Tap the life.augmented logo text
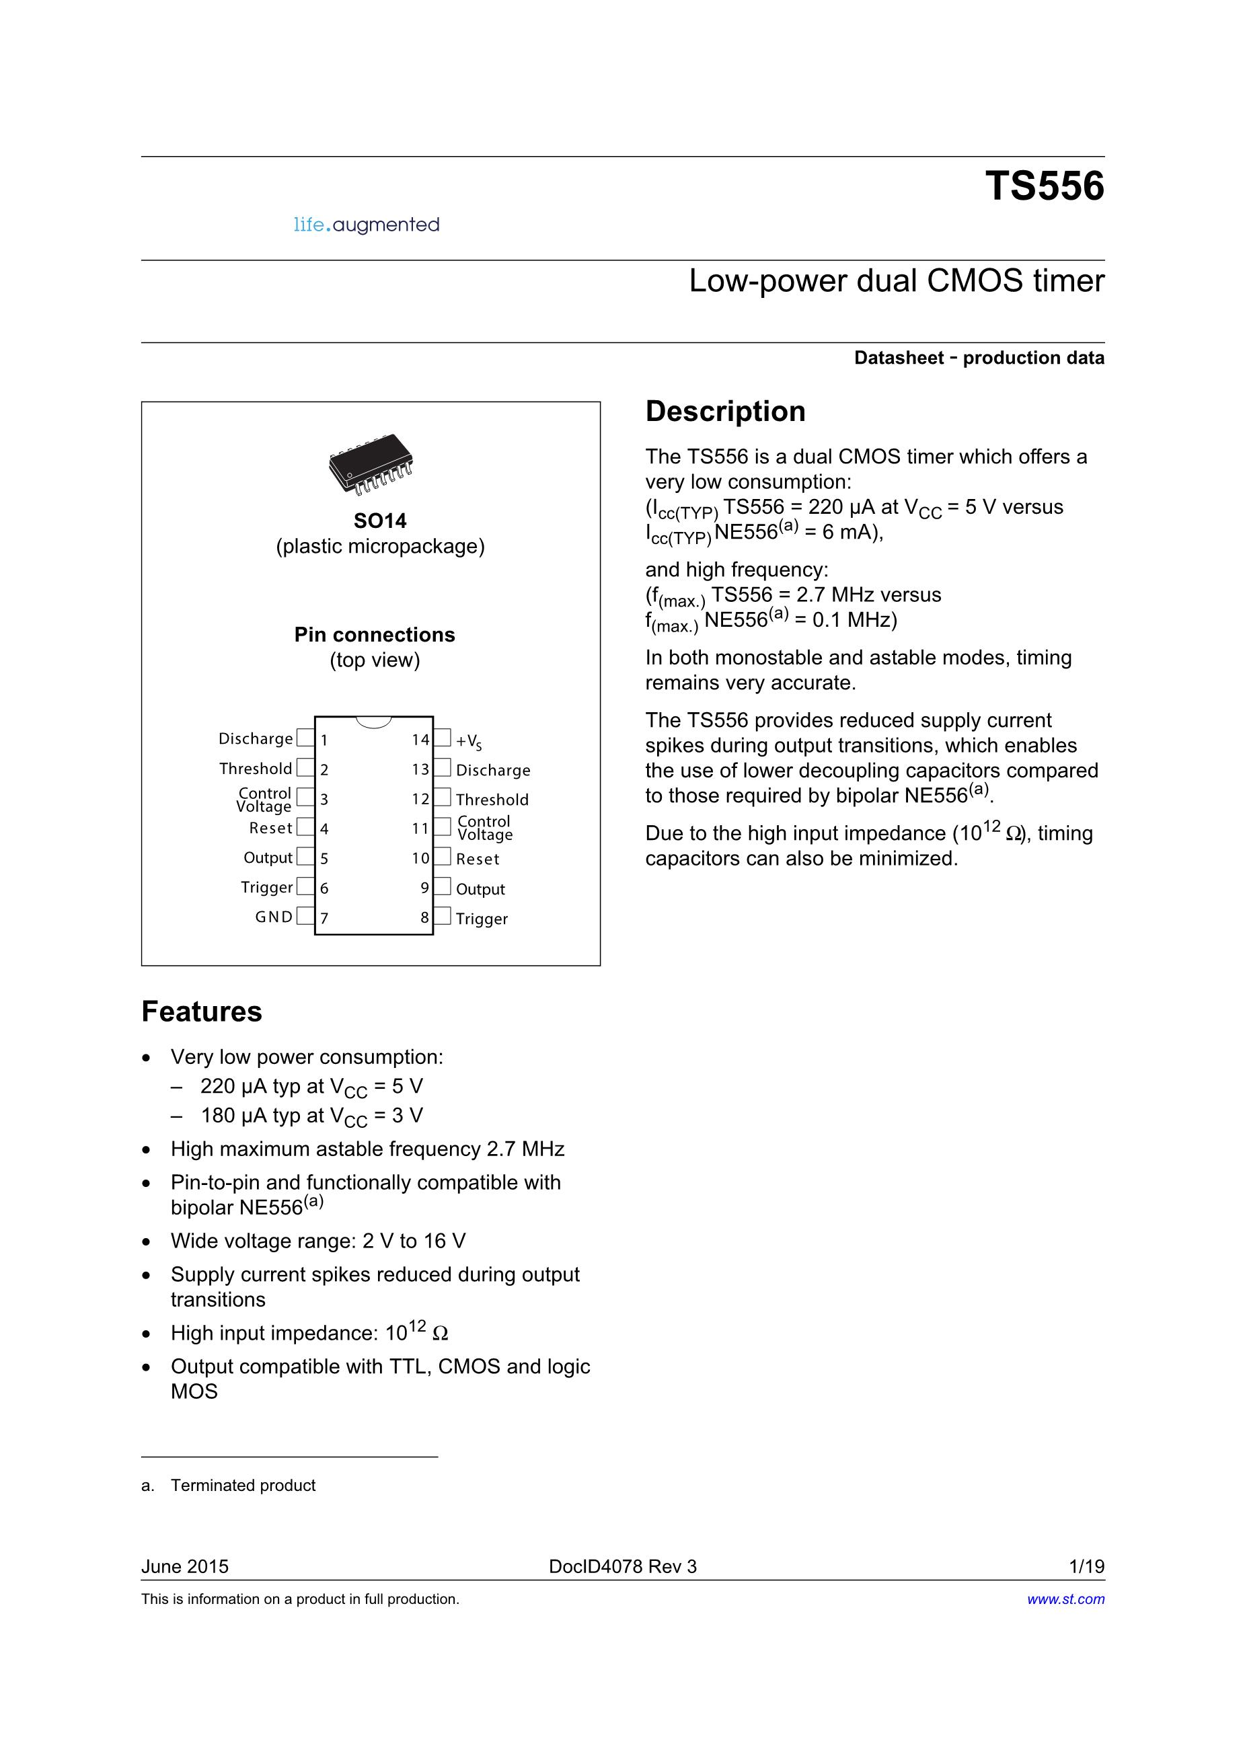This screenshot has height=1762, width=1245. [x=366, y=225]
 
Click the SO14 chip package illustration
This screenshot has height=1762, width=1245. [x=371, y=464]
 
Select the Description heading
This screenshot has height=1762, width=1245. [x=725, y=412]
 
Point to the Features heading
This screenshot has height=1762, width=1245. [x=202, y=1011]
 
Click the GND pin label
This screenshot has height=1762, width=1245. [x=274, y=917]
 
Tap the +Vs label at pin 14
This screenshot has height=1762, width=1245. [x=469, y=741]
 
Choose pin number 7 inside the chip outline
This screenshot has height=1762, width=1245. [x=325, y=919]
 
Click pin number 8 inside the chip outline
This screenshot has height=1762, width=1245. [x=424, y=918]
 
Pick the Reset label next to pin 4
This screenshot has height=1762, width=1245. [x=271, y=828]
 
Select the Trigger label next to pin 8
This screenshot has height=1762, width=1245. [x=482, y=919]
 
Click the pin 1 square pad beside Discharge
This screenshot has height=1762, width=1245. [x=305, y=738]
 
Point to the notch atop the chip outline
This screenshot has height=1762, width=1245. [x=374, y=722]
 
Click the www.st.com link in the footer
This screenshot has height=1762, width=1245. [x=1066, y=1599]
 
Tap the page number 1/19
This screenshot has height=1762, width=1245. [x=1087, y=1566]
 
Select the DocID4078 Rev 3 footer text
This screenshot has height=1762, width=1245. [x=623, y=1566]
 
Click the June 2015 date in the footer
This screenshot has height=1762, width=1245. [x=185, y=1566]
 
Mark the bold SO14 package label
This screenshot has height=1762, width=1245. [x=380, y=521]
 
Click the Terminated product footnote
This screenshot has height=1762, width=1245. [x=243, y=1485]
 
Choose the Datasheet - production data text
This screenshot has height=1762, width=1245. [x=979, y=358]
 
